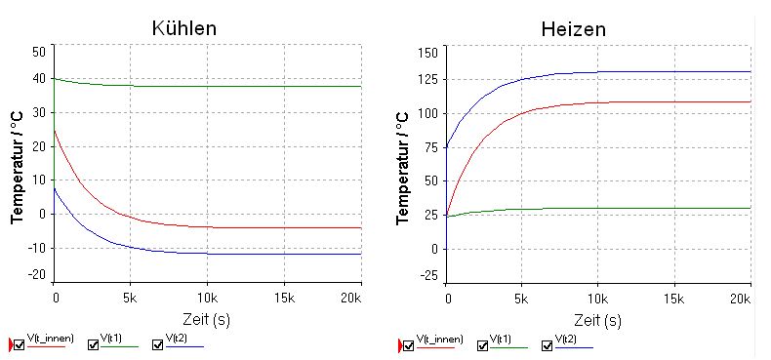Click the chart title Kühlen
[x=184, y=27]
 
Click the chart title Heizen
[x=573, y=29]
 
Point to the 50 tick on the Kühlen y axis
[x=40, y=51]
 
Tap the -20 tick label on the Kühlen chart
[x=38, y=275]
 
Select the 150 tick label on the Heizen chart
[x=427, y=52]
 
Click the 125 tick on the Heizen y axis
[x=427, y=79]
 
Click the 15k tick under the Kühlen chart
[x=284, y=298]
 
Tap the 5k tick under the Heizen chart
[x=522, y=298]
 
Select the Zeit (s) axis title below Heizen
[x=598, y=320]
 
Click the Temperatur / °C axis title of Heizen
[x=404, y=168]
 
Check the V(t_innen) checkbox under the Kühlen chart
[x=20, y=345]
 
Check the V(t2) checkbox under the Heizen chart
[x=547, y=346]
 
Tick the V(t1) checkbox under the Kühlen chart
[x=93, y=345]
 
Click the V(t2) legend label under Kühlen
[x=176, y=338]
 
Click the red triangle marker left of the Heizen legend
[x=400, y=346]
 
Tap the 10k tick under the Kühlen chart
[x=208, y=298]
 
